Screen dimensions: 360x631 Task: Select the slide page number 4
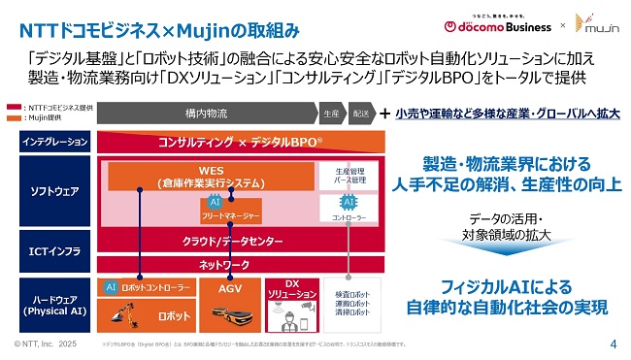point(614,344)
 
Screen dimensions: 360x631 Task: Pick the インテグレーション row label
point(55,143)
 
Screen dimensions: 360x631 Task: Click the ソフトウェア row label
point(55,191)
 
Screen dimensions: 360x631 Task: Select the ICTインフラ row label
point(55,251)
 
